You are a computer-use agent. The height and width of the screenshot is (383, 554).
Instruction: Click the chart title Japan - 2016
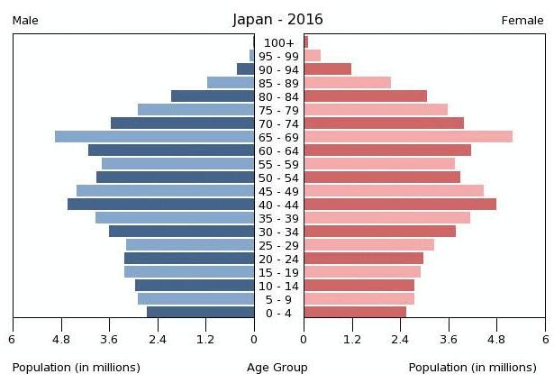[277, 20]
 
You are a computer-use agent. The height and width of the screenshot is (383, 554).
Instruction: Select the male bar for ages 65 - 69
[154, 137]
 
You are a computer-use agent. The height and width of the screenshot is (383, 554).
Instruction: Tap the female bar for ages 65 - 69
[407, 137]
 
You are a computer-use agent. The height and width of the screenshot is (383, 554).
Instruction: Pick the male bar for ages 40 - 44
[160, 205]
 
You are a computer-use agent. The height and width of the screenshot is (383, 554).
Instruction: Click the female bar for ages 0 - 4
[355, 313]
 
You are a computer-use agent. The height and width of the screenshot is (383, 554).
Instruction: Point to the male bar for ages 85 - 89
[231, 83]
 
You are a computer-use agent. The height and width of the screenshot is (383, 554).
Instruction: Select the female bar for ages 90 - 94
[327, 69]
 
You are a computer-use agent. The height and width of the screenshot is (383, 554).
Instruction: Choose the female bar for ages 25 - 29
[368, 245]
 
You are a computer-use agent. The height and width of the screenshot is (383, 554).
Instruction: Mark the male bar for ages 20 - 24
[189, 259]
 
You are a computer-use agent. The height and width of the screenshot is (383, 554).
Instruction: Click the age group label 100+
[279, 42]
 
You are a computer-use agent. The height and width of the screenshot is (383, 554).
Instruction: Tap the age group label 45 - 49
[278, 191]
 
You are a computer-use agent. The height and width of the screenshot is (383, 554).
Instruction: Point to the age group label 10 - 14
[278, 286]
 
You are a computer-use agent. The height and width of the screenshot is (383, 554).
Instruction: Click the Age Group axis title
[277, 368]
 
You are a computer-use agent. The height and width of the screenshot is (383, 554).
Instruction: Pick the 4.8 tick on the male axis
[60, 340]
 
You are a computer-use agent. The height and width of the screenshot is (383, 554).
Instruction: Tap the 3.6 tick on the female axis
[449, 340]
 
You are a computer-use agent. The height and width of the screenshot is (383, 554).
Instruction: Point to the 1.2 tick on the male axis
[205, 340]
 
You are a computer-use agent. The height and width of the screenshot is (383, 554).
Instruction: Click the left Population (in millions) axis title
[77, 368]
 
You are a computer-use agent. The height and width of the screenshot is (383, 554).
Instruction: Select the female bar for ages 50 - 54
[382, 178]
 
